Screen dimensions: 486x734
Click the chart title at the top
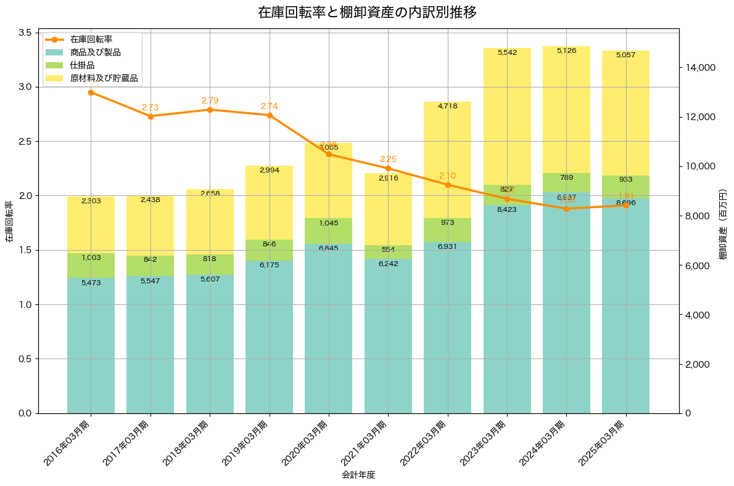(x=367, y=12)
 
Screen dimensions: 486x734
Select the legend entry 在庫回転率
(x=91, y=39)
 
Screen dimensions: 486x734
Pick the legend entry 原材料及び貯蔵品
(x=104, y=79)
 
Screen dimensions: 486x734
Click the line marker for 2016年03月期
(x=91, y=92)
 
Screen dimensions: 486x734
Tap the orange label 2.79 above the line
(x=210, y=100)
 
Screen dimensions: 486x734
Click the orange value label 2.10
(x=448, y=176)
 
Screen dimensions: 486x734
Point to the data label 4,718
(x=447, y=107)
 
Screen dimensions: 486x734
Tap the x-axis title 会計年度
(x=358, y=475)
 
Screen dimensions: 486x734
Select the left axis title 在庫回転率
(x=9, y=222)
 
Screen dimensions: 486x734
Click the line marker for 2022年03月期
(x=448, y=185)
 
